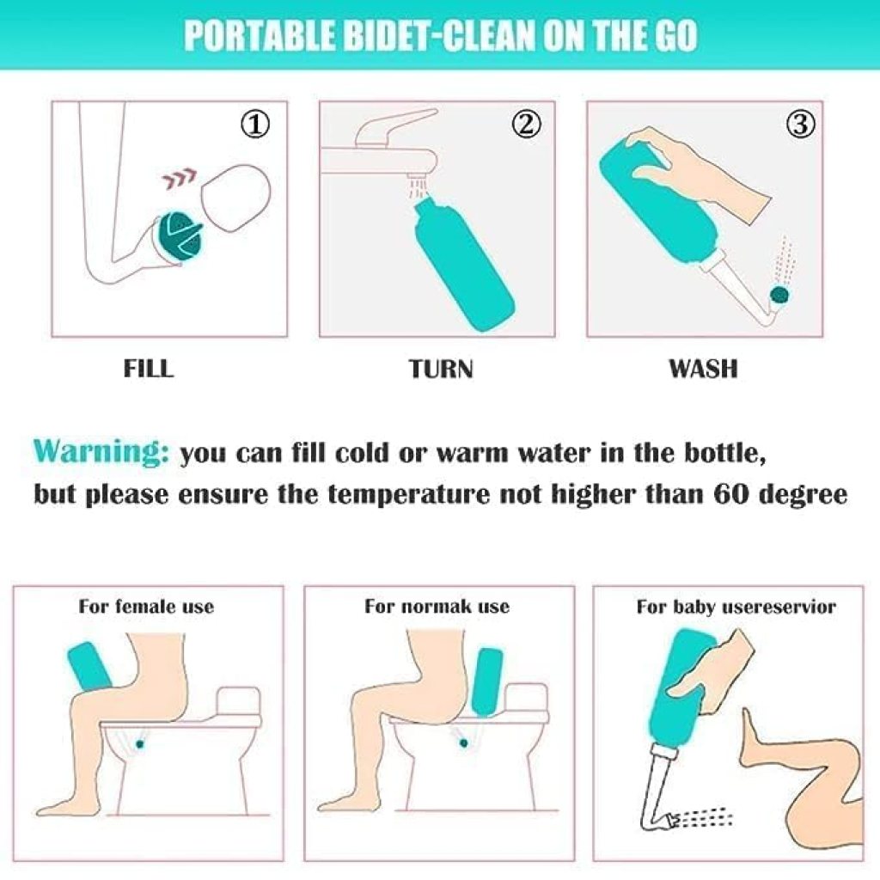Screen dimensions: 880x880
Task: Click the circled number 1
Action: pos(255,125)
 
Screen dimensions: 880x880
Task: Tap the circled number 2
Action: pos(527,125)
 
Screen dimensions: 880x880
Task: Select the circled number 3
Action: pos(799,125)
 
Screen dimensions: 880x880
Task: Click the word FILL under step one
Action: pos(148,369)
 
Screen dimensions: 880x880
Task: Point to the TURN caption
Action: pos(440,369)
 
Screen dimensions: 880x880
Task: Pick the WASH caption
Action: pos(703,369)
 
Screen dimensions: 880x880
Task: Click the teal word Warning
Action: pos(101,452)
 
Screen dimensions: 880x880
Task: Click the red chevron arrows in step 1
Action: pos(177,180)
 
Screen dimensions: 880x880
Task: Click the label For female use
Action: pos(146,607)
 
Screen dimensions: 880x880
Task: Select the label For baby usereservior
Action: pos(736,607)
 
